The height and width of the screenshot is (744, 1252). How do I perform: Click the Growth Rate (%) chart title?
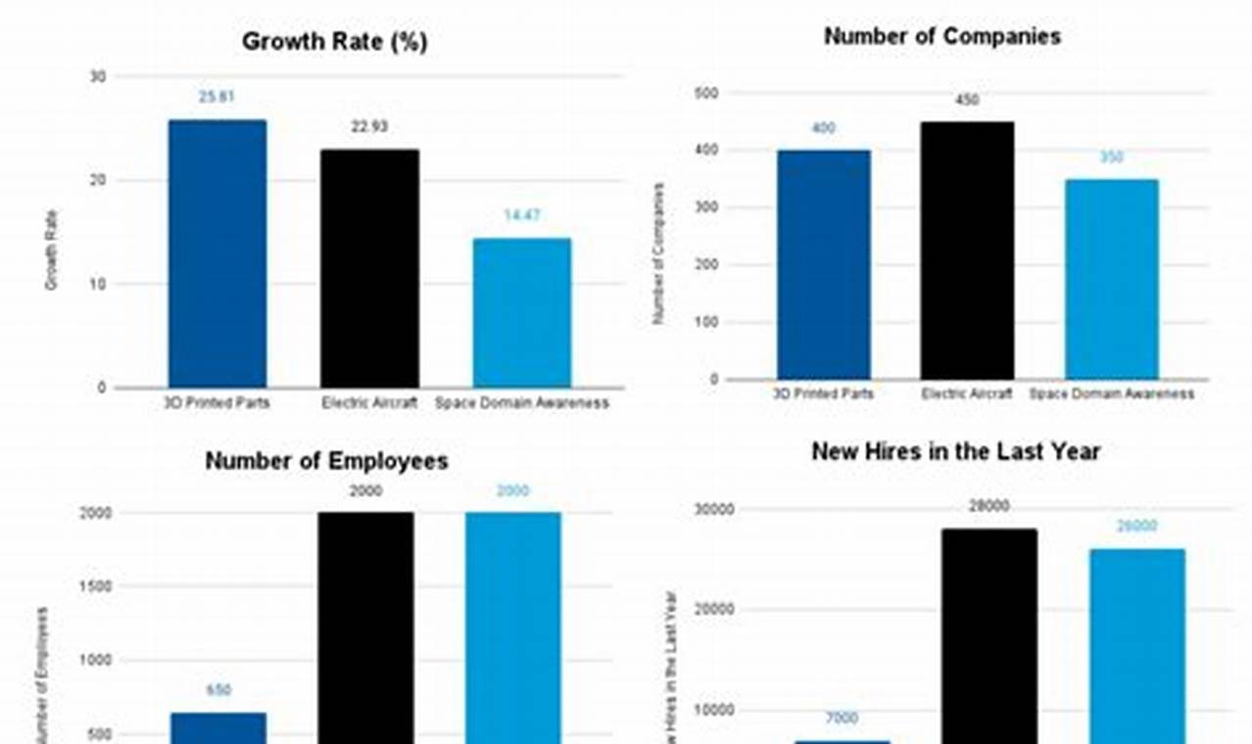click(334, 42)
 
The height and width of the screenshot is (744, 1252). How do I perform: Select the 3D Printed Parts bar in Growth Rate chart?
click(217, 254)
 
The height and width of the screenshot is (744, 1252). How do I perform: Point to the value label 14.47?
click(522, 215)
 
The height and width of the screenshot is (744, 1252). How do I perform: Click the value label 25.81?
click(217, 97)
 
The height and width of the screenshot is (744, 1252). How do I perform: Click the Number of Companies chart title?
click(941, 37)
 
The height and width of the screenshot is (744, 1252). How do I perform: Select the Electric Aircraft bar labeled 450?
click(967, 251)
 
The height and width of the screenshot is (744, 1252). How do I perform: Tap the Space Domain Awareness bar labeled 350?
click(1111, 279)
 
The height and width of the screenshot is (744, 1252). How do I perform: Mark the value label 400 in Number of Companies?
click(824, 128)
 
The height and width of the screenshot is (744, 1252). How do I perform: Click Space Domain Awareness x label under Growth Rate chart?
click(522, 402)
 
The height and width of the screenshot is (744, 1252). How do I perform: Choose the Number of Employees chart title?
click(326, 461)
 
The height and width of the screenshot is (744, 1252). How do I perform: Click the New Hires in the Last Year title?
click(955, 451)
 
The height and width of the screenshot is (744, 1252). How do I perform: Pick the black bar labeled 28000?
click(988, 636)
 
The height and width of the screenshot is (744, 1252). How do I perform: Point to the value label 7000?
click(842, 719)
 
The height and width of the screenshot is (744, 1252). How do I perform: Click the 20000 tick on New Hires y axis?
click(714, 609)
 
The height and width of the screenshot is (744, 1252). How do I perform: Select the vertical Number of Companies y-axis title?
click(659, 254)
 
